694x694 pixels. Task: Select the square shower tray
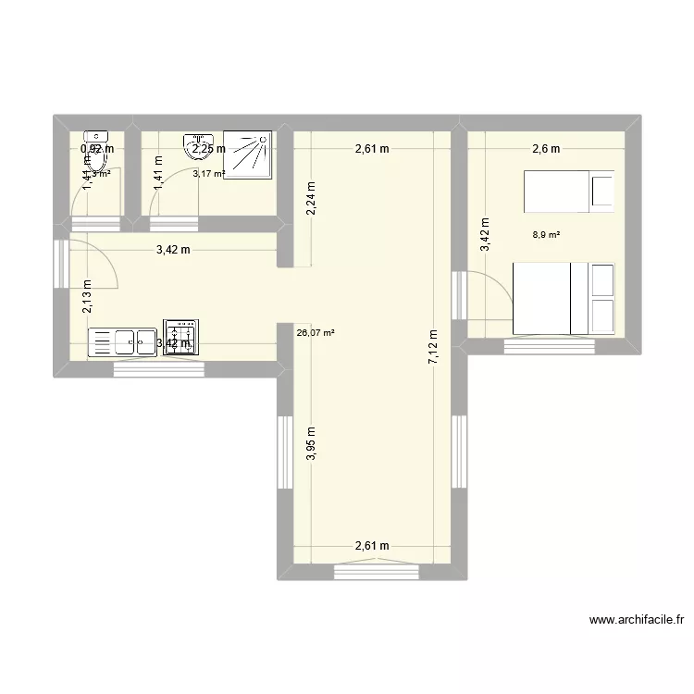coord(247,153)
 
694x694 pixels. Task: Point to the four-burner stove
coord(180,338)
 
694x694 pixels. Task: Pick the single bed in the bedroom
coord(568,192)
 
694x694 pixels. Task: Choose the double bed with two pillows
coord(564,298)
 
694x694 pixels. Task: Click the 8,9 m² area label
coord(546,235)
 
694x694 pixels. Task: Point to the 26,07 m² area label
coord(315,333)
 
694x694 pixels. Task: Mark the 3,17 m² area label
coord(208,172)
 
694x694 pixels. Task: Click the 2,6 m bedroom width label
coord(545,148)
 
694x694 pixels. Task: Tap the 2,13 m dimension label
coord(86,297)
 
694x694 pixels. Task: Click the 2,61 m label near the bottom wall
coord(371,547)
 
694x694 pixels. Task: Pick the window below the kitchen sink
coord(158,369)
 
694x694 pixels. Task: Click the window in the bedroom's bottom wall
coord(551,346)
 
